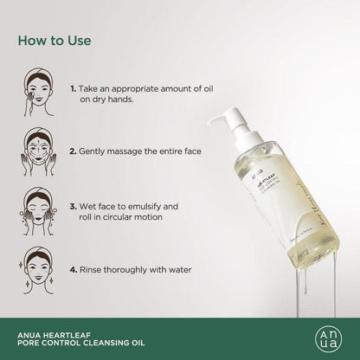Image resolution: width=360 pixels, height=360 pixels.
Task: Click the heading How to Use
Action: [x=59, y=40]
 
